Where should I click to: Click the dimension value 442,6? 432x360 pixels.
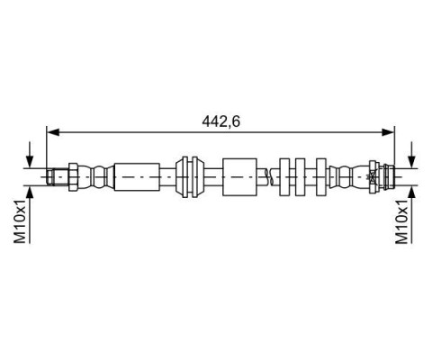pos(220,121)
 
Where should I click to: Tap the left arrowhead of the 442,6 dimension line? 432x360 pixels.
pos(53,132)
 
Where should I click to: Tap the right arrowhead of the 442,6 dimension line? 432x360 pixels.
pos(388,132)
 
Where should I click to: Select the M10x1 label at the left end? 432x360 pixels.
pos(20,220)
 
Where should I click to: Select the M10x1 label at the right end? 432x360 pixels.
pos(402,220)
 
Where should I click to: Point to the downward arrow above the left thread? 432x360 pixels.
pos(30,155)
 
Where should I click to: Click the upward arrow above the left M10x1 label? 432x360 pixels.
pos(30,215)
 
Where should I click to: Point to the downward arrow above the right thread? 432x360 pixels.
pos(413,155)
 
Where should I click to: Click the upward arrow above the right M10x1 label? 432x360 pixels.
pos(413,215)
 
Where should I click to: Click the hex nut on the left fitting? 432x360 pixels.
pos(74,177)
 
